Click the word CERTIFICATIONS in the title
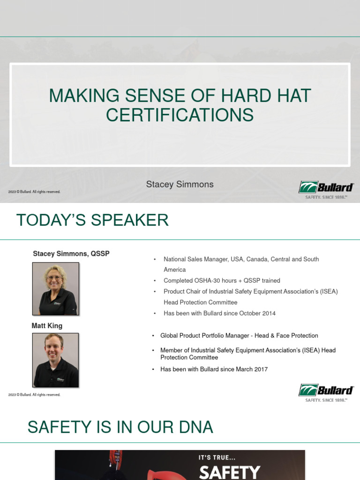click(x=180, y=115)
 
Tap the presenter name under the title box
click(x=180, y=184)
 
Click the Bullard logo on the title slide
click(x=326, y=190)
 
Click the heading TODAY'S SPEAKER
click(x=92, y=220)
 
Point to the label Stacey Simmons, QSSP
click(x=71, y=254)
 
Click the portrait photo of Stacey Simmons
click(x=55, y=289)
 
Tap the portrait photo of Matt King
click(x=55, y=360)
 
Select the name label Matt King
click(x=47, y=326)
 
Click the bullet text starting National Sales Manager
click(x=241, y=259)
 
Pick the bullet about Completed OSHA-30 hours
click(x=222, y=280)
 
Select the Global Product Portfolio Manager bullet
click(x=239, y=336)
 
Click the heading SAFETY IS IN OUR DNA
click(x=120, y=427)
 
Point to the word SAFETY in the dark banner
click(x=229, y=472)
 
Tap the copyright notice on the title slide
click(x=34, y=192)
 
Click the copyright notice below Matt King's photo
click(x=34, y=395)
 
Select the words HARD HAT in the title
click(x=265, y=96)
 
